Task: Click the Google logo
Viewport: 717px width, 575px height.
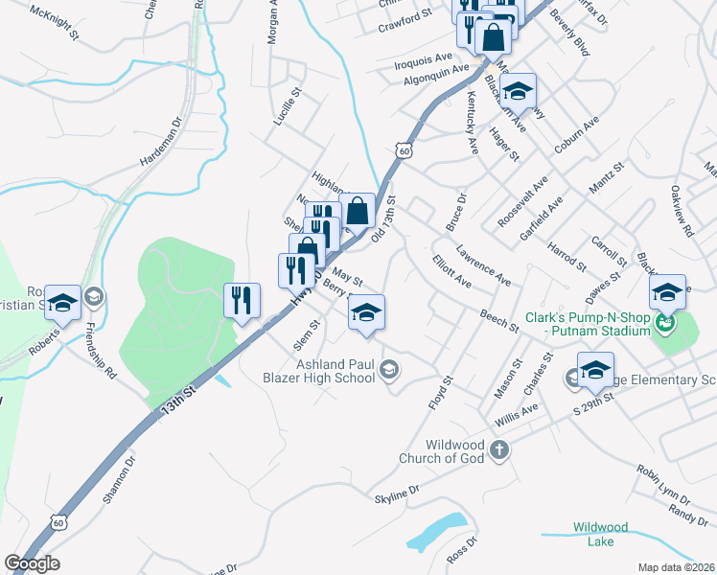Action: [32, 563]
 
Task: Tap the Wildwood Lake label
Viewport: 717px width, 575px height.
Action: [600, 534]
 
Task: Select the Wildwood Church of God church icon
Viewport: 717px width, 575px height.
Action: [498, 448]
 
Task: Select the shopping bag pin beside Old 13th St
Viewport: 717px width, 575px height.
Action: [358, 210]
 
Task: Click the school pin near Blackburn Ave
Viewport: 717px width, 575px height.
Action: [518, 91]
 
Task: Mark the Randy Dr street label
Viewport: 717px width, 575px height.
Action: [688, 516]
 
